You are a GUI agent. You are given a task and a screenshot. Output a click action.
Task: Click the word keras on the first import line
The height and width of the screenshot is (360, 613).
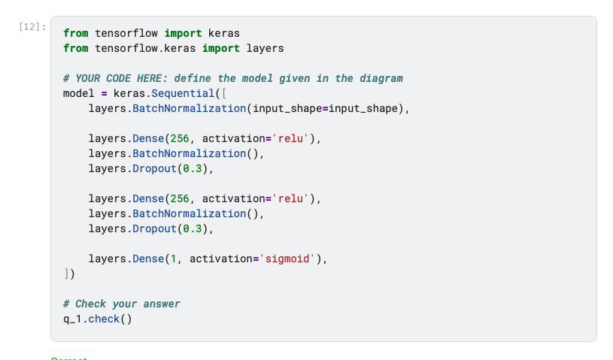click(223, 33)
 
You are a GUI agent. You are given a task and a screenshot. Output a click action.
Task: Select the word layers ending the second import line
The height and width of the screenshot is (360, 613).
click(265, 48)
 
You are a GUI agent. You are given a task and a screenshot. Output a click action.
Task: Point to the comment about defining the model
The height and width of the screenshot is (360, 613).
click(233, 78)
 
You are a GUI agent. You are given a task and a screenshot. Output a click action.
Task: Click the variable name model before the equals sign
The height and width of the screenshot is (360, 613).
click(78, 93)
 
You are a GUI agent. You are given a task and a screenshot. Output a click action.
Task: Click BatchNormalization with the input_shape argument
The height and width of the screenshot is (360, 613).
click(189, 108)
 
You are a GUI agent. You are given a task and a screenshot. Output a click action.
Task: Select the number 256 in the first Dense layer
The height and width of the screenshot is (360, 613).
click(179, 138)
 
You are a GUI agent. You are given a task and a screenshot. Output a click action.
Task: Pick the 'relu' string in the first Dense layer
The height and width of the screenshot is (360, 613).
click(290, 138)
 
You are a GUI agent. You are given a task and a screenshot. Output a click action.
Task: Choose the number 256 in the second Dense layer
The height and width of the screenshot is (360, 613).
click(179, 198)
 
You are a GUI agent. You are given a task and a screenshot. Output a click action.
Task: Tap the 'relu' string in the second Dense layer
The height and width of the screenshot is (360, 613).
click(290, 198)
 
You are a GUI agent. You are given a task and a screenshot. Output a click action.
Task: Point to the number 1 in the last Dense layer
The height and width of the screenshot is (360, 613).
click(173, 259)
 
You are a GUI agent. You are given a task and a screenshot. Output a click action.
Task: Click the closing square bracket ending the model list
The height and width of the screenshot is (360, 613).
click(66, 274)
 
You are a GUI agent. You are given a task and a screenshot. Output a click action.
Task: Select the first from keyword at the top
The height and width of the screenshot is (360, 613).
click(75, 33)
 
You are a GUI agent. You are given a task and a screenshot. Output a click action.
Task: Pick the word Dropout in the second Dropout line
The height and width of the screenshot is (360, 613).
click(154, 228)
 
